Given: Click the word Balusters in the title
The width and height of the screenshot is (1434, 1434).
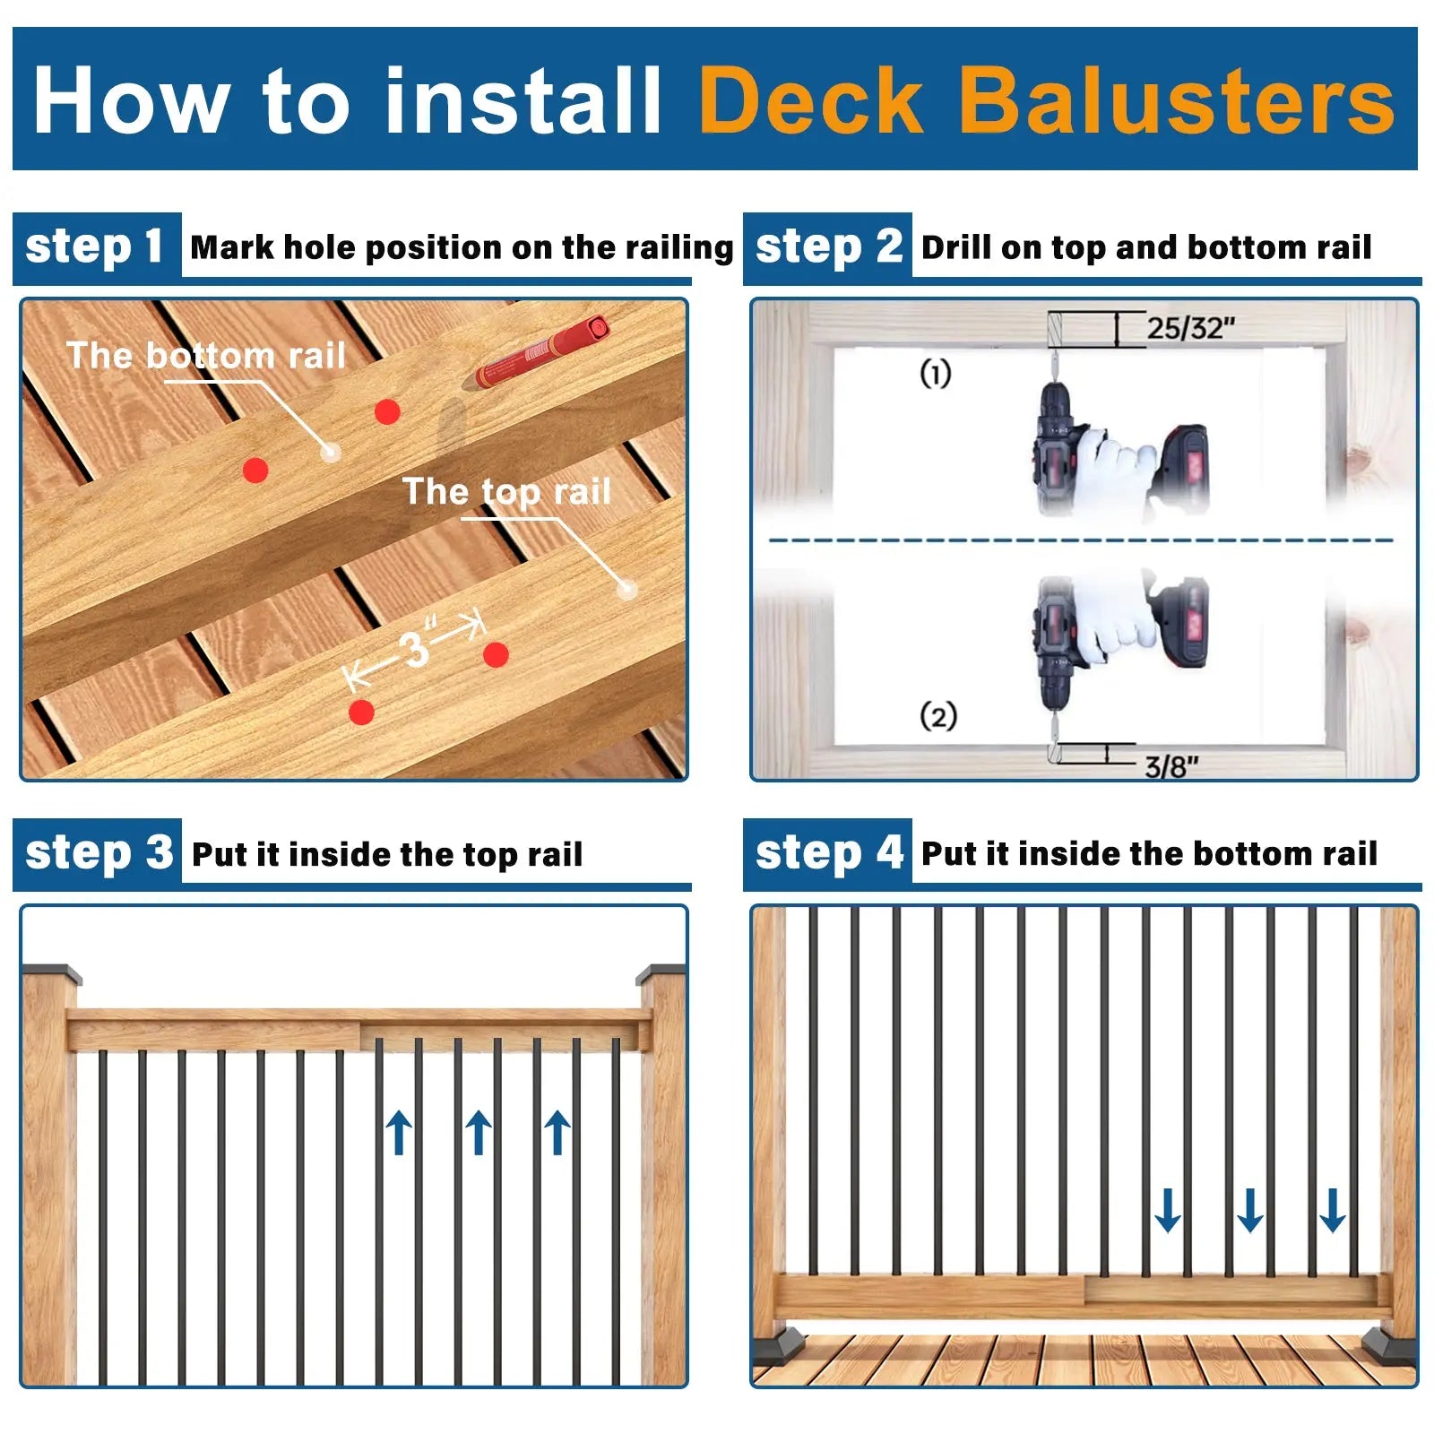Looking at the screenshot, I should [x=1176, y=100].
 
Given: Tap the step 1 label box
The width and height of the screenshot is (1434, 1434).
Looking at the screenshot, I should [x=96, y=246].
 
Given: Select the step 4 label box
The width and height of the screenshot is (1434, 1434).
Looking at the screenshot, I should [x=827, y=852].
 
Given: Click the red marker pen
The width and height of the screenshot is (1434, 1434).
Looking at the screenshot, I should [x=542, y=351].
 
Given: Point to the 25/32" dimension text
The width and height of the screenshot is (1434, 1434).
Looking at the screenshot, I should [x=1190, y=328].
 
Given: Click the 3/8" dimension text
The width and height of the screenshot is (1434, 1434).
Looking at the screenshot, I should [x=1171, y=767].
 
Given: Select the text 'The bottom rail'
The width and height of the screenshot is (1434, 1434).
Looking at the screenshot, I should [x=206, y=356].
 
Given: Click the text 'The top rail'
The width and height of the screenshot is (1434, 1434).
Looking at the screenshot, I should [x=506, y=491].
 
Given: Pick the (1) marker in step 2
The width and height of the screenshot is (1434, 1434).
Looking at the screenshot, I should [x=935, y=373].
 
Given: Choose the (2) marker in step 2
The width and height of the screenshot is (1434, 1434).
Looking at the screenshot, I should [x=937, y=716].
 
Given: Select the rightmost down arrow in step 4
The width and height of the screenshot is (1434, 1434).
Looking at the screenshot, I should [x=1332, y=1210].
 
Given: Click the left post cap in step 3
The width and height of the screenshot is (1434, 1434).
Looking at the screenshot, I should [x=51, y=973].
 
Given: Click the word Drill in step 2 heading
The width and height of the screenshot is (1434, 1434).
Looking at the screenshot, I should [x=955, y=247].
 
